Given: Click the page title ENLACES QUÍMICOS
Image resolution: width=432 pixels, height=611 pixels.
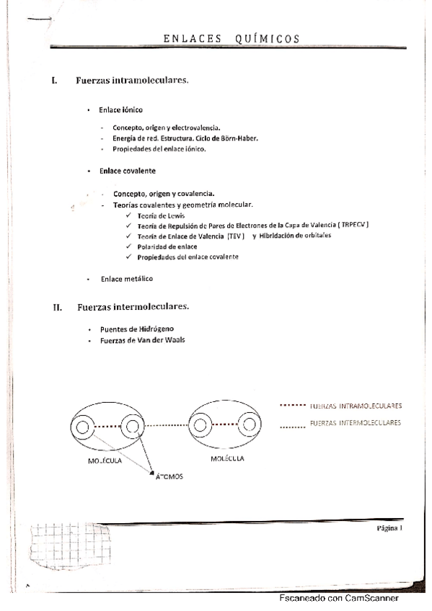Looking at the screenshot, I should click(x=230, y=39).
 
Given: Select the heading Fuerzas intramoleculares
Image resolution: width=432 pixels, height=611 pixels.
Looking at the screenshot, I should click(x=132, y=80).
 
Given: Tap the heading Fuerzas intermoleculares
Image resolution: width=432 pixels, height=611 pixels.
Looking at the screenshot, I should click(x=133, y=307).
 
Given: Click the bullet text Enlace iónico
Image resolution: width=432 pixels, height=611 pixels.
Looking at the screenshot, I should click(x=121, y=110).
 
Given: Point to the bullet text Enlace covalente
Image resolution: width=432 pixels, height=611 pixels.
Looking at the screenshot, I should click(x=128, y=171).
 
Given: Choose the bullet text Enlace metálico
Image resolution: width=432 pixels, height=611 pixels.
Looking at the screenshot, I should click(x=127, y=279).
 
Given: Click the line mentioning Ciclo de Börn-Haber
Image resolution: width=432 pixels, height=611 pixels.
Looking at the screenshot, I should click(x=185, y=138).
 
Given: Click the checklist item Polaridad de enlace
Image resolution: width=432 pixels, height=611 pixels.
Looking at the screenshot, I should click(x=167, y=246).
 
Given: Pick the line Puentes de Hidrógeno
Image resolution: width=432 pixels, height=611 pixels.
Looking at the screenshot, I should click(x=137, y=329).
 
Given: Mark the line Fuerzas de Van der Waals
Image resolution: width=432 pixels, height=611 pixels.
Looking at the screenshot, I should click(x=142, y=339).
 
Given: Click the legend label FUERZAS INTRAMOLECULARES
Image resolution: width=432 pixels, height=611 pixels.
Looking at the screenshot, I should click(x=355, y=406).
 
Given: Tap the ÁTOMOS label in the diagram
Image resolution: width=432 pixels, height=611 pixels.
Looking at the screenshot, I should click(x=169, y=476).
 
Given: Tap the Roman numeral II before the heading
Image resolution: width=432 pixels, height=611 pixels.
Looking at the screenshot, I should click(x=57, y=308).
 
